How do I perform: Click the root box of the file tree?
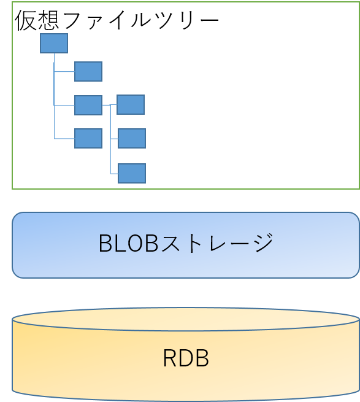pyautogui.click(x=54, y=44)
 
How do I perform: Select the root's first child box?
pyautogui.click(x=88, y=72)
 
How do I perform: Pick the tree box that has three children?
pyautogui.click(x=88, y=105)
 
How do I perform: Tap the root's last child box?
pyautogui.click(x=88, y=139)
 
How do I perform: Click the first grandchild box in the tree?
pyautogui.click(x=131, y=104)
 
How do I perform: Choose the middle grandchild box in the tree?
pyautogui.click(x=132, y=139)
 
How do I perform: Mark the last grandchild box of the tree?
pyautogui.click(x=132, y=173)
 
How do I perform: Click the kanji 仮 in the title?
pyautogui.click(x=26, y=20)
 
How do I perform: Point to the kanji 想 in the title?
pyautogui.click(x=48, y=20)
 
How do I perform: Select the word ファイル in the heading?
pyautogui.click(x=107, y=20)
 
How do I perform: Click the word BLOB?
pyautogui.click(x=129, y=243)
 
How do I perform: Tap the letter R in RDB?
pyautogui.click(x=170, y=358)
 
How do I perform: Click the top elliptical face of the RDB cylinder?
pyautogui.click(x=186, y=319)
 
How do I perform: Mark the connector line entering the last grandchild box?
pyautogui.click(x=114, y=174)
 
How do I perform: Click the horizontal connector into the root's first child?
pyautogui.click(x=64, y=72)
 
